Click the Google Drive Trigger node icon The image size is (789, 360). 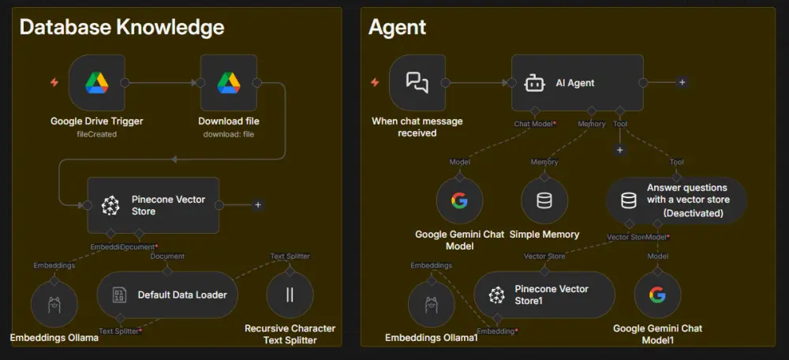97,82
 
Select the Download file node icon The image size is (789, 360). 229,82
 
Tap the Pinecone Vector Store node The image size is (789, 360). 153,205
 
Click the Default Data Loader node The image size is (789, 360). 167,294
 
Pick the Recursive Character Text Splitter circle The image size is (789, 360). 290,295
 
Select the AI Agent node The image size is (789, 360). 576,82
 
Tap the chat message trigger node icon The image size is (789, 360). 417,82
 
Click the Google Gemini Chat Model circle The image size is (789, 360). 459,201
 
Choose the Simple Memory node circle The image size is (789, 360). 544,201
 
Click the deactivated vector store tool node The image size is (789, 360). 675,200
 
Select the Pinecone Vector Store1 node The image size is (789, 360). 544,294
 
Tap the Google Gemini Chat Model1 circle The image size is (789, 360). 657,295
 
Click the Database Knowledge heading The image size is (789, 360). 122,27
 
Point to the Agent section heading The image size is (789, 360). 397,27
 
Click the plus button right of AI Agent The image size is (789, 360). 682,82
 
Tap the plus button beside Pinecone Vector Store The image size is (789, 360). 257,205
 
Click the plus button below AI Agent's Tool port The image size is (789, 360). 619,150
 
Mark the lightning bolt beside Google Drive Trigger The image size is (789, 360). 54,82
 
